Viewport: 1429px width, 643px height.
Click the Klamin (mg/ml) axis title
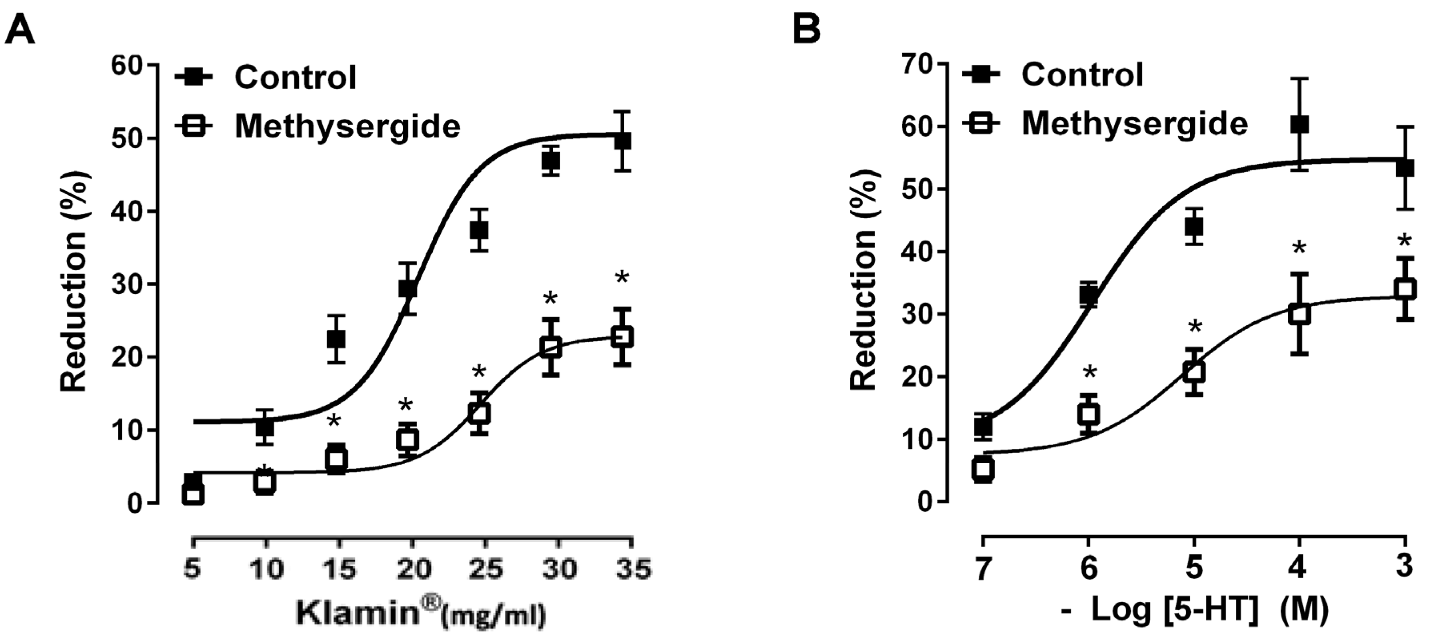(420, 613)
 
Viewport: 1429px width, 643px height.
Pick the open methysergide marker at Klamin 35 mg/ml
(622, 336)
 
